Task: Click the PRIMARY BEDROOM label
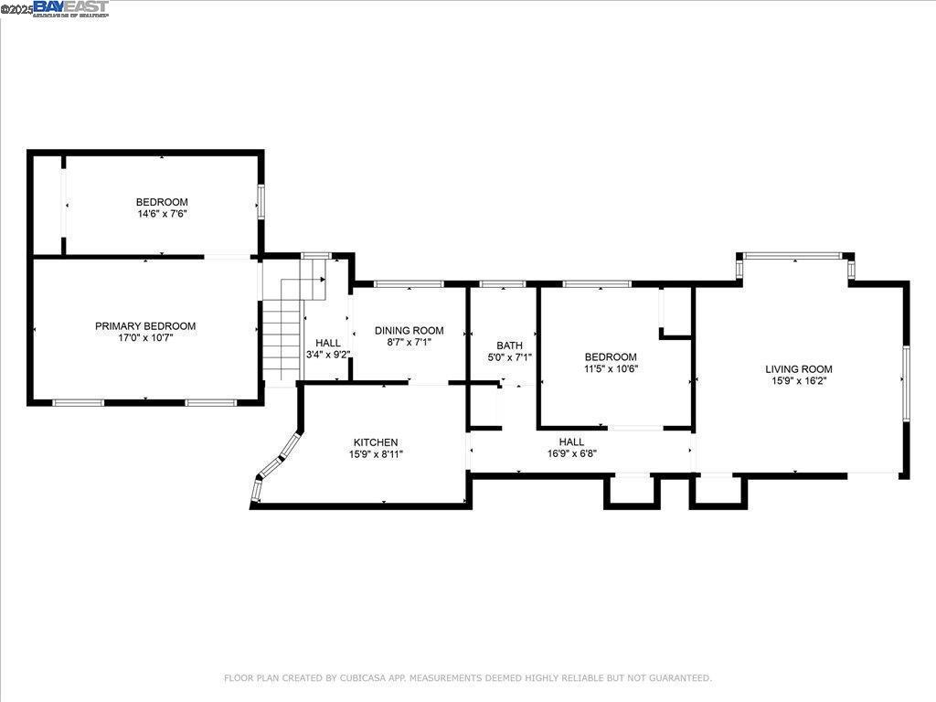click(145, 326)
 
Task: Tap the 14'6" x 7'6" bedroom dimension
click(162, 214)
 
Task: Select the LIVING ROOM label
click(798, 369)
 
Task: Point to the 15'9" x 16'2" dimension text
click(798, 381)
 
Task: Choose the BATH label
click(509, 346)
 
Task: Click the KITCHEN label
click(375, 442)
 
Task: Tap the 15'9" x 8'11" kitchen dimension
click(375, 454)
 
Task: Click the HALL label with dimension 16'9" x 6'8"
click(571, 442)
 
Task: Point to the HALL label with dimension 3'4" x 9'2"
click(327, 343)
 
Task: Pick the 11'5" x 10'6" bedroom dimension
click(611, 369)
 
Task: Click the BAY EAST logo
click(70, 8)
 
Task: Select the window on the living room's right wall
click(906, 383)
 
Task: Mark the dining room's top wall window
click(403, 284)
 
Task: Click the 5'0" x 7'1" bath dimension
click(509, 357)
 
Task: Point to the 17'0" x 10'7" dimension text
click(145, 338)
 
